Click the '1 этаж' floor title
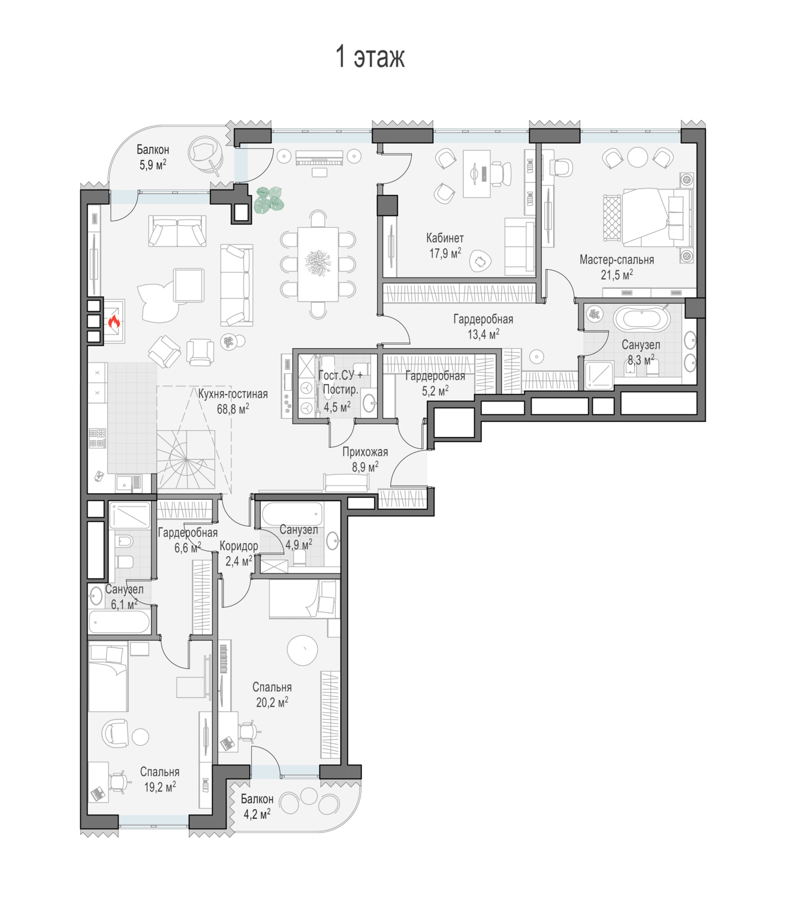click(370, 57)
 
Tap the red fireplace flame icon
click(114, 322)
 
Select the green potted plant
click(269, 200)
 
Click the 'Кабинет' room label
click(445, 238)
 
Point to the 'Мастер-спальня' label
click(617, 260)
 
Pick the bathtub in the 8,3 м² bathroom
click(641, 318)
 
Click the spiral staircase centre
click(186, 460)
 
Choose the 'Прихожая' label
click(365, 452)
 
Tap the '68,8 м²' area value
click(233, 409)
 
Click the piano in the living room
click(319, 158)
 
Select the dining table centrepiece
click(318, 263)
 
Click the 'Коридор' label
click(239, 546)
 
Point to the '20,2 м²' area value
click(272, 702)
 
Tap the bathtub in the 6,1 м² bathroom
click(119, 622)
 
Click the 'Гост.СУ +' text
click(340, 375)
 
